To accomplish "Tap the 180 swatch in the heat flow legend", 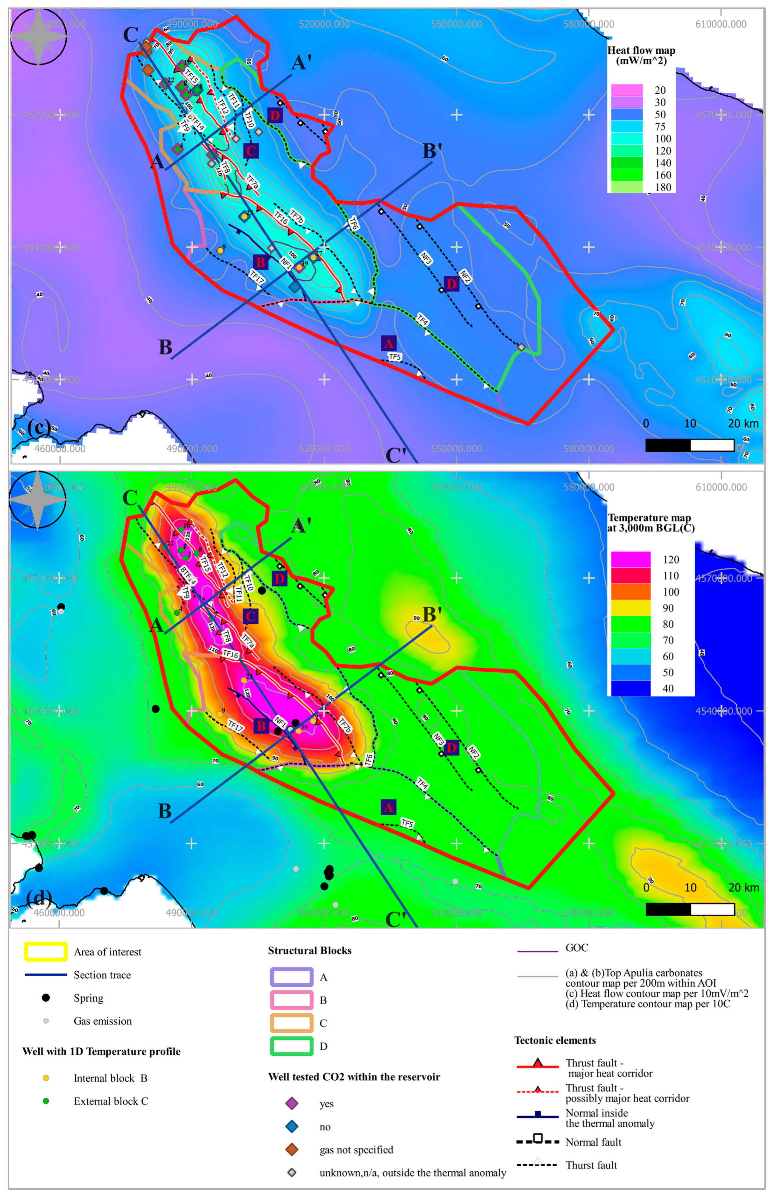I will [627, 187].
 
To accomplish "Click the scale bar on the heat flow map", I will [690, 445].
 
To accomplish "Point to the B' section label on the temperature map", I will [432, 615].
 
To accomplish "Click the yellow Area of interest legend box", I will [46, 952].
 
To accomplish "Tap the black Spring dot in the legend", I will [46, 997].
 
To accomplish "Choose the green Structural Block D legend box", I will [292, 1046].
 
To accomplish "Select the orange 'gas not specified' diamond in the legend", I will [292, 1149].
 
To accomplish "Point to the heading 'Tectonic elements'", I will [555, 1040].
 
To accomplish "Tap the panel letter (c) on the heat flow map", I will [39, 427].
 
